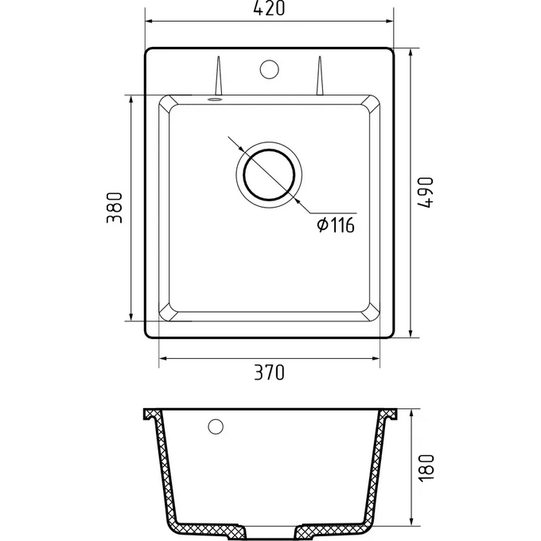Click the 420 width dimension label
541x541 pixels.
click(x=269, y=8)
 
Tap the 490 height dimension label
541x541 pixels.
click(x=425, y=193)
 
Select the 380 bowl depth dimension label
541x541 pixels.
click(x=115, y=208)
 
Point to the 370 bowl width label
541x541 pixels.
click(x=269, y=372)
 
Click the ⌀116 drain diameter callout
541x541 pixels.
click(x=336, y=225)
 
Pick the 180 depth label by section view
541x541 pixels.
click(x=426, y=468)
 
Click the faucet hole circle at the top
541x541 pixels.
click(x=269, y=69)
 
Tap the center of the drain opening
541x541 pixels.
click(x=269, y=174)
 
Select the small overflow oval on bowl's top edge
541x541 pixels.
click(x=215, y=99)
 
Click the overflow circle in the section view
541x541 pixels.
click(x=216, y=426)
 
